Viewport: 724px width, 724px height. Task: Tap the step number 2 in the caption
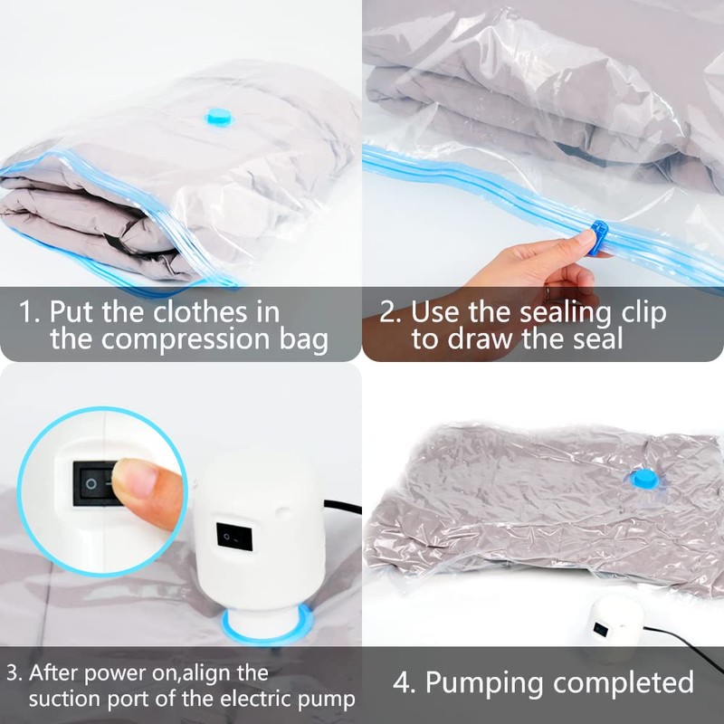[x=388, y=313]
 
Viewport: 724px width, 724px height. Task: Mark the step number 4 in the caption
[x=402, y=681]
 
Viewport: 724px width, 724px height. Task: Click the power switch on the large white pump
[x=230, y=538]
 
